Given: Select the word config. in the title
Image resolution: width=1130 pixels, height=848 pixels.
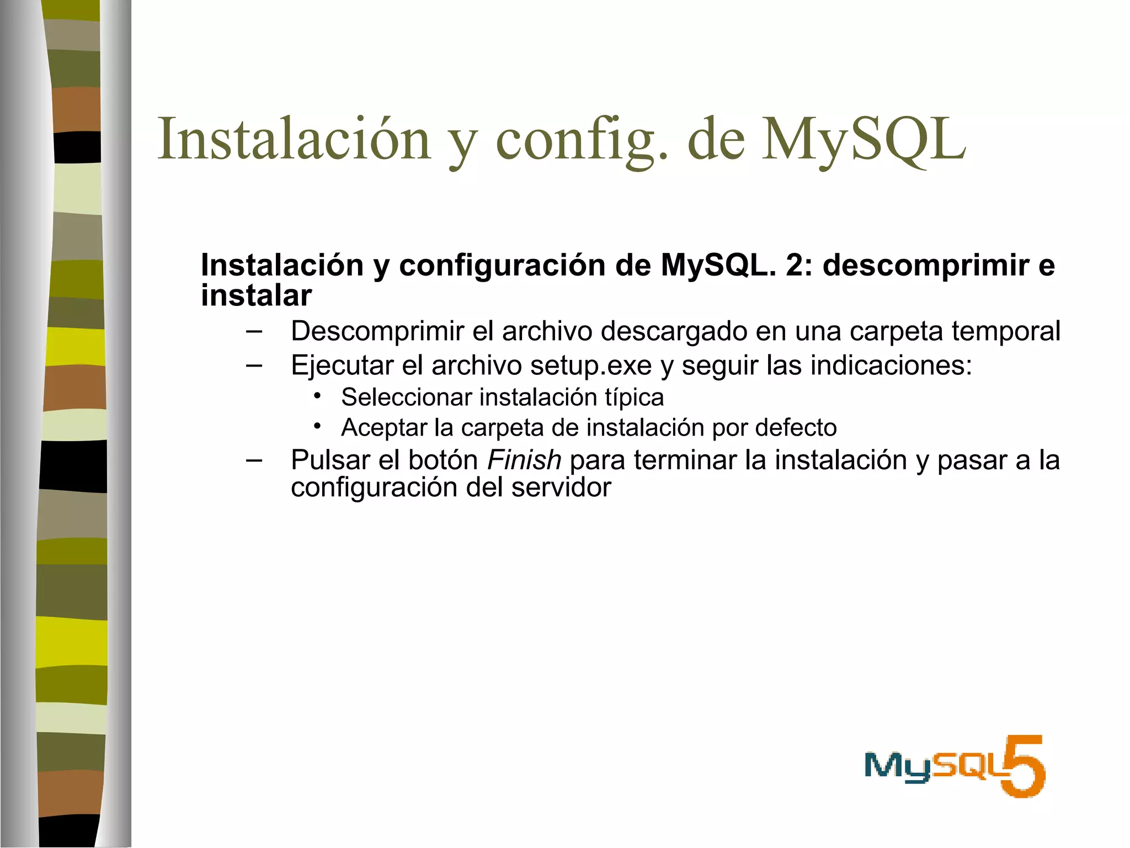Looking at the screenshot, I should (x=582, y=141).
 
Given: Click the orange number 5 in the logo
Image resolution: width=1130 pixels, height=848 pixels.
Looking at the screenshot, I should (x=1024, y=766).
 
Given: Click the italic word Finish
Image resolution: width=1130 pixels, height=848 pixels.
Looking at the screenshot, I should (x=524, y=460).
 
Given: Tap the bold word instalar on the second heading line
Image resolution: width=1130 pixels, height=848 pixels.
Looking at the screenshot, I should (x=256, y=295).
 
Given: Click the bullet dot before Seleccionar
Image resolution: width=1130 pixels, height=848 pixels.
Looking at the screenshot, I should (x=317, y=395).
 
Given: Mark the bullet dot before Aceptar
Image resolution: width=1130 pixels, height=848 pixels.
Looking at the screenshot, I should (x=317, y=426).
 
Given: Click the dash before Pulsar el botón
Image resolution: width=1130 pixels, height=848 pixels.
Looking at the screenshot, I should (x=254, y=460).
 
